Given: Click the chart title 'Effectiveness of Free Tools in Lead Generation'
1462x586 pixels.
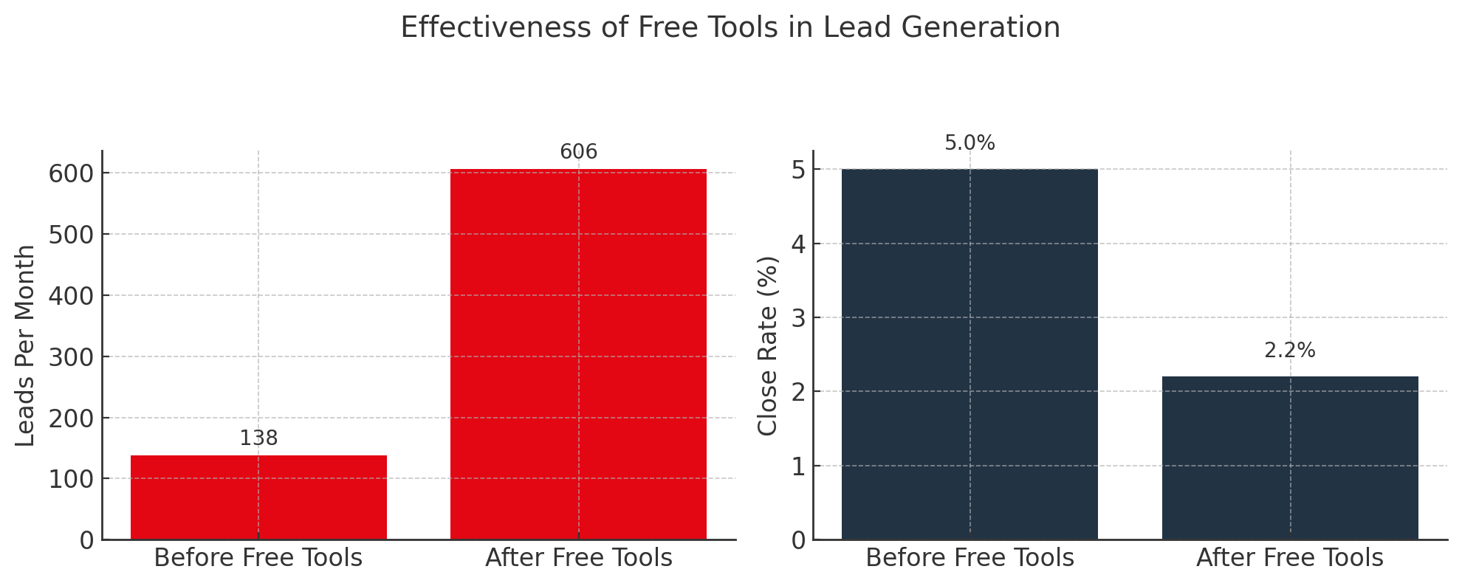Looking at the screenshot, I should point(730,28).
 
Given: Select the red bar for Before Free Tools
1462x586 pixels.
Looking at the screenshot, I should point(258,497).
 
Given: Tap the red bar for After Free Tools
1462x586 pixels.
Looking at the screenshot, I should point(578,354).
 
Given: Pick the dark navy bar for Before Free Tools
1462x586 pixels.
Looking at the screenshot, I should point(969,354).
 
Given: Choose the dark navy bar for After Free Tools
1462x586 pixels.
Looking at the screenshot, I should point(1290,458).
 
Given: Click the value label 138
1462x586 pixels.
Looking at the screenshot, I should point(258,438).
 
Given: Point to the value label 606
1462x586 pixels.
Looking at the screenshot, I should point(578,152).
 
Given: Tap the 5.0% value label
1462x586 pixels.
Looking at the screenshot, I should point(969,143).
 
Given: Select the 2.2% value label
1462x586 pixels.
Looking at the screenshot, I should point(1290,351).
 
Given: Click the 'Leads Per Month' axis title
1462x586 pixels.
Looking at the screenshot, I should point(26,345).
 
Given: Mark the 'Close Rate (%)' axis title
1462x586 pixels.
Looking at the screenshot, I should point(768,345).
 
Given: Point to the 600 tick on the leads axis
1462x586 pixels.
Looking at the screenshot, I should point(72,173).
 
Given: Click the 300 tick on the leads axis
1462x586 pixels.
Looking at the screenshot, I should point(72,357).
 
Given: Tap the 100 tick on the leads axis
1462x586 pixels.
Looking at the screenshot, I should point(72,480).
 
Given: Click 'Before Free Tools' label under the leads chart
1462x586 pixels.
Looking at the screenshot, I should point(258,558).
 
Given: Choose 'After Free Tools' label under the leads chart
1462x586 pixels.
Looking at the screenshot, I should point(578,558).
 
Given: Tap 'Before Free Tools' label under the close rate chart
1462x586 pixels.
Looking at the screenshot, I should point(969,558).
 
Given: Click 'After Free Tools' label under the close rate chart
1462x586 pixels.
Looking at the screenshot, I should point(1290,558).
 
